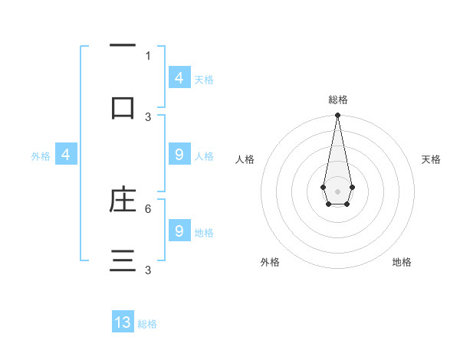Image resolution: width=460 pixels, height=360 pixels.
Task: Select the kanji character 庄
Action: pos(123,200)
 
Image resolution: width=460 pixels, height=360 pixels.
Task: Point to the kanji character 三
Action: pos(123,260)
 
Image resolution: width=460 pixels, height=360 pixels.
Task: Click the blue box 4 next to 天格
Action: pos(179,78)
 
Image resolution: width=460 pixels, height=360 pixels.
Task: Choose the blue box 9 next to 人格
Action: pos(179,155)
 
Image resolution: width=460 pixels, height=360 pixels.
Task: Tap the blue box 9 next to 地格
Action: pos(179,231)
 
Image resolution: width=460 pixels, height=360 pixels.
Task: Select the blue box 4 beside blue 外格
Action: pos(66,155)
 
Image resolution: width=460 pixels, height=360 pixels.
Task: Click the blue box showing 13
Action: pos(123,322)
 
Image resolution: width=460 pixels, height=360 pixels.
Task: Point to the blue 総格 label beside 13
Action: pos(147,324)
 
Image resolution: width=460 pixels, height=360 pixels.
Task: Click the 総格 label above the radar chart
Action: pos(338,100)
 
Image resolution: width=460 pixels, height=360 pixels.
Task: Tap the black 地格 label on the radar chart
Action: pos(402,262)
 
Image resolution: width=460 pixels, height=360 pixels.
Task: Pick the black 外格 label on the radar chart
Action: pos(270,262)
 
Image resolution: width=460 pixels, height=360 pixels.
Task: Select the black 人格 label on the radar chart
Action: pos(245,159)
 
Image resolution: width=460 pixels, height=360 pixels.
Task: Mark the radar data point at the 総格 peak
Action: pos(337,116)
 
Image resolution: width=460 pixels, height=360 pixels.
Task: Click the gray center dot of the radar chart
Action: pos(337,190)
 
